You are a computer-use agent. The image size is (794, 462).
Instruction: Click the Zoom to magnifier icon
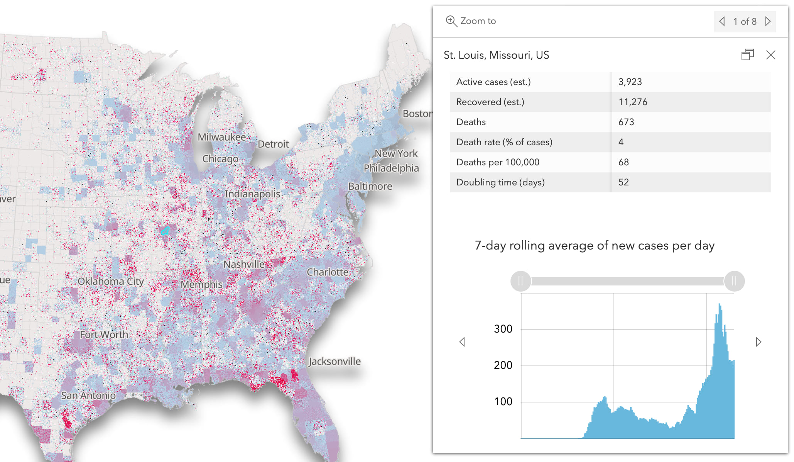(451, 21)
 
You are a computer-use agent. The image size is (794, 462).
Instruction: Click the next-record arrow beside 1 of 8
(768, 21)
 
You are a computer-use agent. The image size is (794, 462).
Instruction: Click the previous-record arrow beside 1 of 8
(722, 21)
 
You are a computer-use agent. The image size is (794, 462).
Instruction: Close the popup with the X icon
(770, 55)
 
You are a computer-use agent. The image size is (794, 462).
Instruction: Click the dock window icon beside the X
(747, 55)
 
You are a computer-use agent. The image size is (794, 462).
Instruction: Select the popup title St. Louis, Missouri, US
(496, 55)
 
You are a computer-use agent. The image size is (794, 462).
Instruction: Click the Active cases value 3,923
(630, 82)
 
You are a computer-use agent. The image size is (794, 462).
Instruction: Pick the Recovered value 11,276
(633, 102)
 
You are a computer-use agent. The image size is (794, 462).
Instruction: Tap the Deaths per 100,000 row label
(498, 162)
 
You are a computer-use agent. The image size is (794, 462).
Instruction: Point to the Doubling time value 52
(623, 182)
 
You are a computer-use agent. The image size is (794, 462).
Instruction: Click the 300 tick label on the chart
(503, 329)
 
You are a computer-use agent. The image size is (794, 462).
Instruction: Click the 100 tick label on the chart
(503, 402)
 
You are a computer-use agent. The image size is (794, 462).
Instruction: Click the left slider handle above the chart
(520, 281)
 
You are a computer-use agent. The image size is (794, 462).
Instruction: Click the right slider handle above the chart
(734, 281)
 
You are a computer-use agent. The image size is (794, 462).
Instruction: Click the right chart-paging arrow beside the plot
(758, 342)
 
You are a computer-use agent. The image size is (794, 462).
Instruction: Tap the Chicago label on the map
(220, 159)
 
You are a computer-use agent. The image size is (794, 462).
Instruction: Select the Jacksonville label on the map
(334, 362)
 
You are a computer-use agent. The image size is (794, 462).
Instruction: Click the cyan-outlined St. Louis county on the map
(165, 231)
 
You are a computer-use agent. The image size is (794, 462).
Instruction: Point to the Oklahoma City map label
(111, 281)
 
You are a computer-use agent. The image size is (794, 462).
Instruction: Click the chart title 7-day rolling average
(594, 246)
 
